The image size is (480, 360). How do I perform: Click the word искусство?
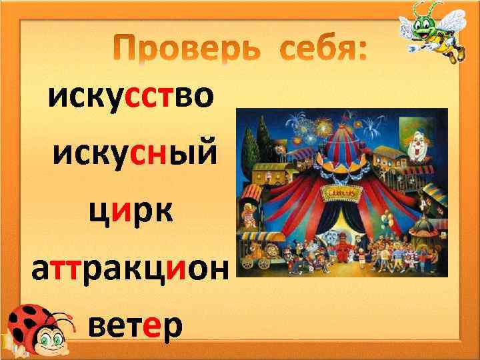131,99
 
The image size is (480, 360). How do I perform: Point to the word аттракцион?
130,270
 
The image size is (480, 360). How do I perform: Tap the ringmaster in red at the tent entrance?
344,249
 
